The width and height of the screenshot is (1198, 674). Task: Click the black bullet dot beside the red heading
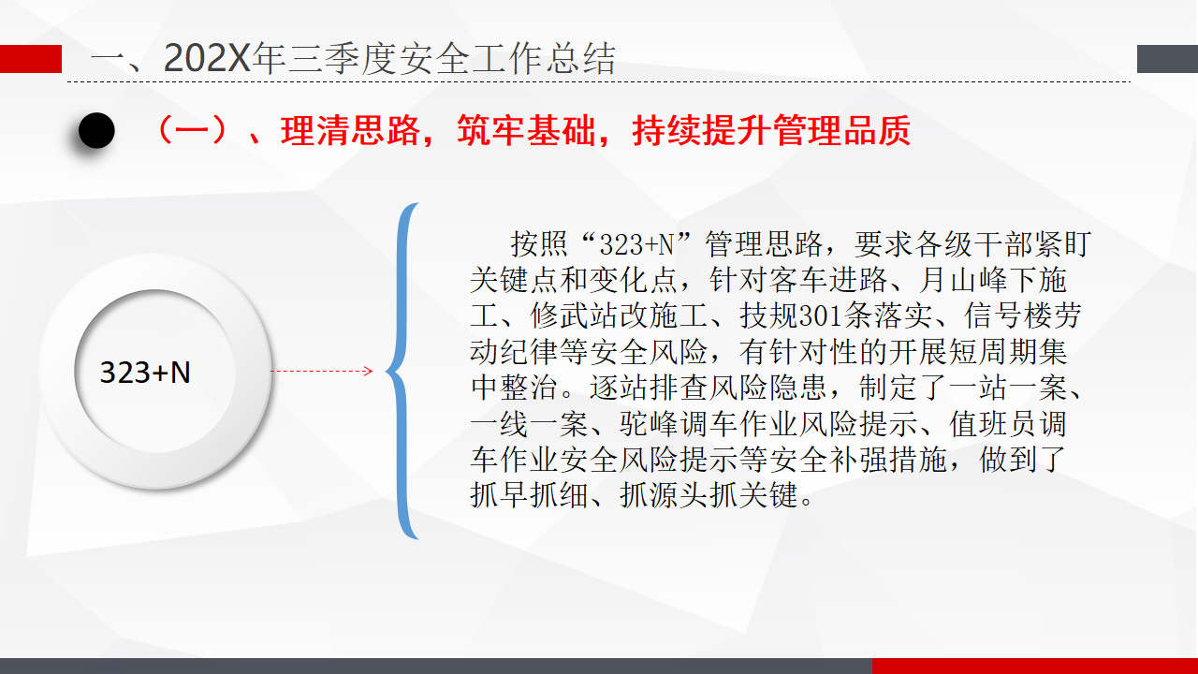[x=96, y=130]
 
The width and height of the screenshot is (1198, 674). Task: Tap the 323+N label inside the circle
[x=145, y=373]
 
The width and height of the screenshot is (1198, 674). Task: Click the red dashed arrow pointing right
[x=321, y=371]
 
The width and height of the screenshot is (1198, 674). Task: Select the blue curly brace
[x=402, y=371]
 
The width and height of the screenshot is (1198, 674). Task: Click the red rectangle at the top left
[x=31, y=59]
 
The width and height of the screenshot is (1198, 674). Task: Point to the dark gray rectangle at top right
[x=1167, y=59]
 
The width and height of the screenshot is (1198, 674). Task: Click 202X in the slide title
[x=207, y=58]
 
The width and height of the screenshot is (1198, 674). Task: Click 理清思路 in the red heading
[x=350, y=130]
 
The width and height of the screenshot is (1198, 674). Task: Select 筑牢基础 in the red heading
[x=526, y=130]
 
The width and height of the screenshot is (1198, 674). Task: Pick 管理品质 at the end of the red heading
[x=841, y=130]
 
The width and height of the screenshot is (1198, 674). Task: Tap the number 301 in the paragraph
[x=821, y=316]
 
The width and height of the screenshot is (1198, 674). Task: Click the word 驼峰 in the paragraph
[x=650, y=424]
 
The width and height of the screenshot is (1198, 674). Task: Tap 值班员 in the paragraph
[x=994, y=424]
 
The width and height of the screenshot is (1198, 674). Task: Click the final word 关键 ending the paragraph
[x=769, y=495]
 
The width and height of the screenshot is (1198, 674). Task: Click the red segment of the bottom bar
[x=1035, y=666]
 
